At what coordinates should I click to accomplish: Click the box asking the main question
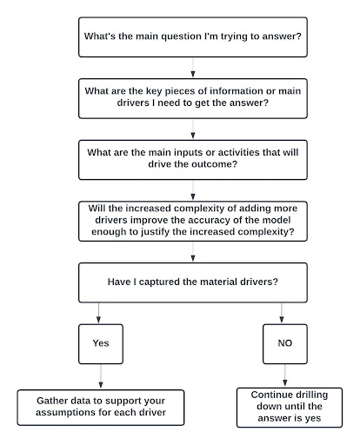tap(192, 37)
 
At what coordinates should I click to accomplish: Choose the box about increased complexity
tap(192, 222)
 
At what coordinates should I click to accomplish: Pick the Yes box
tap(101, 343)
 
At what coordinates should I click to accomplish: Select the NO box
tap(284, 343)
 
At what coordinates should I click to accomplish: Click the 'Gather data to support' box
tap(101, 408)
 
